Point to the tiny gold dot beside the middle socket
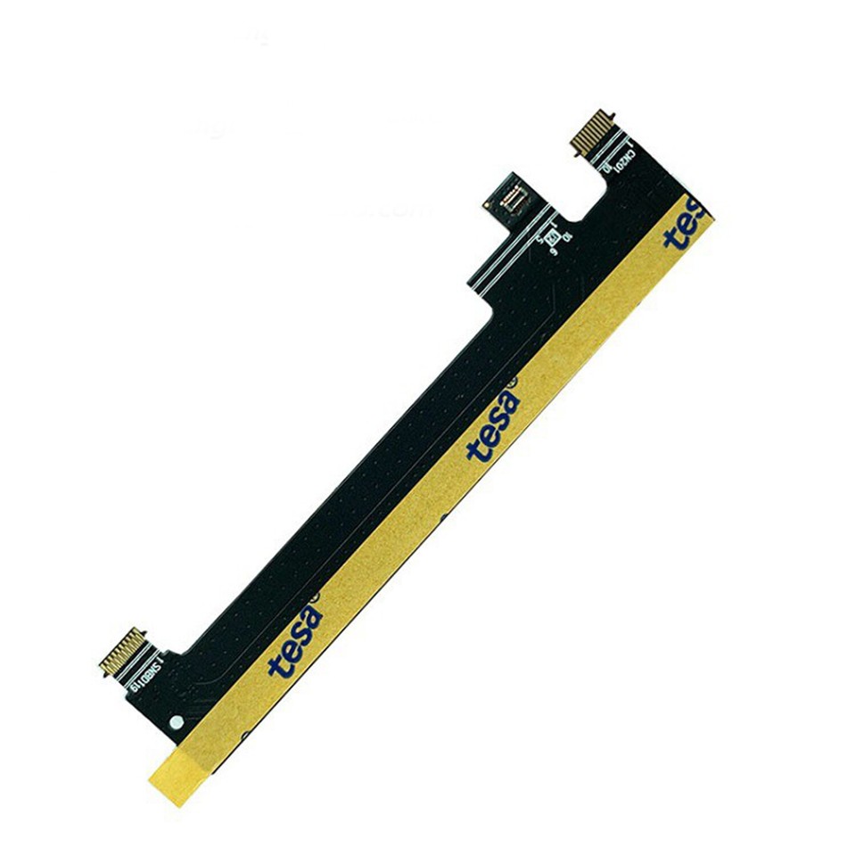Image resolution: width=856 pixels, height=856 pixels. pyautogui.click(x=487, y=204)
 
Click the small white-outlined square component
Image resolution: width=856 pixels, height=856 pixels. pyautogui.click(x=551, y=236)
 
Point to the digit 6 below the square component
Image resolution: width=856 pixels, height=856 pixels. pyautogui.click(x=554, y=253)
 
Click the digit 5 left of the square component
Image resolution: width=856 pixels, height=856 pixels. pyautogui.click(x=539, y=239)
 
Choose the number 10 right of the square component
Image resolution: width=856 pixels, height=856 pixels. pyautogui.click(x=567, y=235)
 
